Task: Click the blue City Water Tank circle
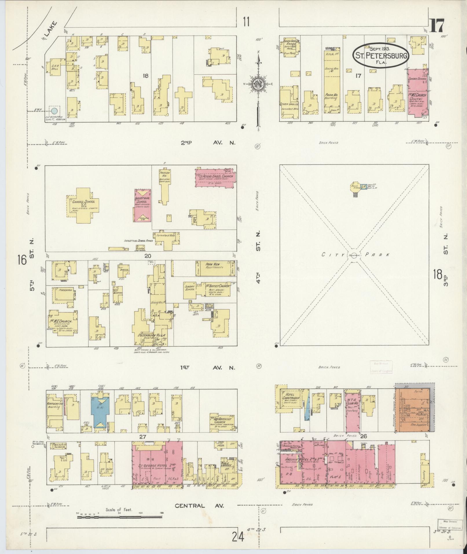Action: (x=54, y=111)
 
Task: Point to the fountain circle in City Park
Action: (x=353, y=255)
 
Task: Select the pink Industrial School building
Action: (x=142, y=206)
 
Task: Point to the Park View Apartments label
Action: (x=215, y=266)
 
